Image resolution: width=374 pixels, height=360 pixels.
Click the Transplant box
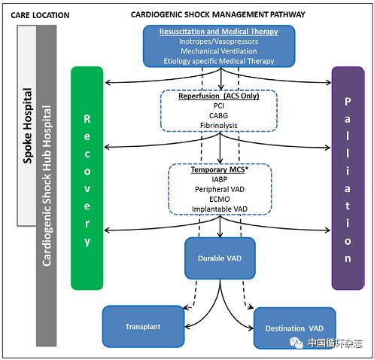[143, 326]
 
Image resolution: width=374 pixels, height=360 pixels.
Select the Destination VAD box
[295, 328]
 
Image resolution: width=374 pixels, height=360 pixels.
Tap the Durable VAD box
[220, 258]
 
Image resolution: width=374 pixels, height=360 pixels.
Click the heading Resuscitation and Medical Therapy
[219, 32]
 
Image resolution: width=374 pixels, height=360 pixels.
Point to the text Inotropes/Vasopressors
[218, 41]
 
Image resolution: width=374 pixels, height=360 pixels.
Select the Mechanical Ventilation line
[219, 51]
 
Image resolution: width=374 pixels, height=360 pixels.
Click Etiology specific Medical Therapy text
[219, 61]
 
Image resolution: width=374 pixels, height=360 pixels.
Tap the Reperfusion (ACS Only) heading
[219, 96]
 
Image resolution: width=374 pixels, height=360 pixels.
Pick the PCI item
[219, 105]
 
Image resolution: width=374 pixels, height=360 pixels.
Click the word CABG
[219, 115]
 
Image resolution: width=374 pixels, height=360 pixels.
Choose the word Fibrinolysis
[219, 125]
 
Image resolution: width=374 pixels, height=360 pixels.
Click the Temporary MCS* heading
[220, 169]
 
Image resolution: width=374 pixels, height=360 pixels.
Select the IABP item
[220, 179]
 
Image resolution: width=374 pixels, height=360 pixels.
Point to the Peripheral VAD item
[220, 189]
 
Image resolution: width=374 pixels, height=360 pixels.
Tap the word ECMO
[220, 199]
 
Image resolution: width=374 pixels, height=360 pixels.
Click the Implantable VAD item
[220, 209]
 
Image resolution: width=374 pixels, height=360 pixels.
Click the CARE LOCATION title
[40, 15]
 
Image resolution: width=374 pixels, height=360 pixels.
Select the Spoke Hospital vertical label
[28, 126]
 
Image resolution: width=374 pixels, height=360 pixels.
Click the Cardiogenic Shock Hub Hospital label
[47, 186]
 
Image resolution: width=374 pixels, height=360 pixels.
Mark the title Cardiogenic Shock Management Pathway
[218, 14]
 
